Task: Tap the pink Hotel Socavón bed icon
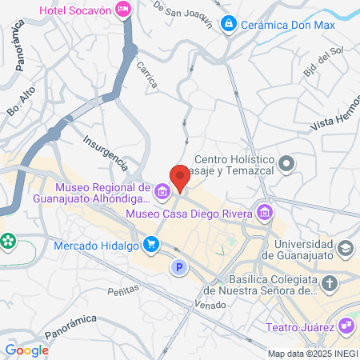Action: tap(123, 10)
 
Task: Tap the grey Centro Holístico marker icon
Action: tap(289, 165)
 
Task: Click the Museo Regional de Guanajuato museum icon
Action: tap(162, 191)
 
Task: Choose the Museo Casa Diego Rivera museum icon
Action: tap(264, 212)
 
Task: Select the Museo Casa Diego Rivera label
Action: tap(190, 213)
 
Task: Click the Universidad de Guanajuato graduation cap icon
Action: tap(346, 248)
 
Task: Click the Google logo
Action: tap(26, 350)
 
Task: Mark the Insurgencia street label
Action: tap(105, 152)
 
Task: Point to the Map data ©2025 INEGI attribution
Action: tap(312, 354)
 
